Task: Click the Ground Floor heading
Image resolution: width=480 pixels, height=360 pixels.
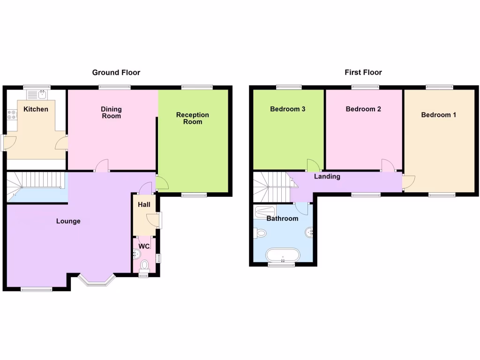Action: click(116, 72)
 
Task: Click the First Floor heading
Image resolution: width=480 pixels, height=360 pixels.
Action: click(363, 72)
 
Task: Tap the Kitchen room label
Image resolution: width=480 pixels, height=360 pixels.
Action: click(36, 109)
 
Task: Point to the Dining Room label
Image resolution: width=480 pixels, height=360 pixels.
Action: click(111, 112)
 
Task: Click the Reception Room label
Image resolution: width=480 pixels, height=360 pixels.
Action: click(192, 118)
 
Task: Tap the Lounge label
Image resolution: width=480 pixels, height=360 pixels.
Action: click(68, 221)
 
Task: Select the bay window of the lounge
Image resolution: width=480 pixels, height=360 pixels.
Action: click(97, 281)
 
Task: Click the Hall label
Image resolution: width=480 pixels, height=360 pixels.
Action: click(144, 205)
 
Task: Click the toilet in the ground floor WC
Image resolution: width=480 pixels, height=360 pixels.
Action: click(144, 266)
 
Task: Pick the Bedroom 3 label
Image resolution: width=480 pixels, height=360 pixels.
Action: click(288, 109)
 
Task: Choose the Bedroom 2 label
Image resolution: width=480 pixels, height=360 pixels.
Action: click(363, 109)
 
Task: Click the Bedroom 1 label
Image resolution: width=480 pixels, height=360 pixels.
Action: click(438, 115)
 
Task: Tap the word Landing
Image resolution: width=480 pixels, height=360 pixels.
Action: click(327, 177)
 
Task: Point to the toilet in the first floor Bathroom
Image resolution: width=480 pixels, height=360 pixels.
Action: click(260, 232)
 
